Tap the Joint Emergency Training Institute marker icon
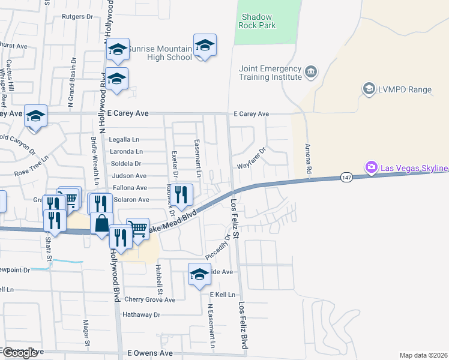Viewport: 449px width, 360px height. (311, 73)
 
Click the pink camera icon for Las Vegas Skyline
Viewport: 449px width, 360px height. (372, 166)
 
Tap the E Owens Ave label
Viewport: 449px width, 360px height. (150, 353)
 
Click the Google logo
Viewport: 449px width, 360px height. (19, 353)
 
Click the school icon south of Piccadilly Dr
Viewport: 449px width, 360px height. (199, 274)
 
